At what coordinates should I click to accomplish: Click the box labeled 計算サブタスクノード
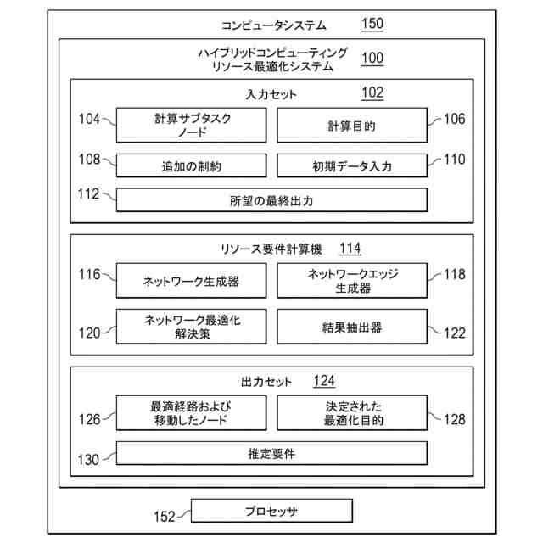[x=192, y=126]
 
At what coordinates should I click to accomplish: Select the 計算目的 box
[x=351, y=126]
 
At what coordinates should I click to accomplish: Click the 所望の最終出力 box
[x=271, y=200]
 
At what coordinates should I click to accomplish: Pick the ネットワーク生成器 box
[x=192, y=281]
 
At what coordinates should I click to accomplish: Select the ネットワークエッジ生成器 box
[x=351, y=281]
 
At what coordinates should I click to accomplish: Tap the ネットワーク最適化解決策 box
[x=192, y=327]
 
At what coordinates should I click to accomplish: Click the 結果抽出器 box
[x=351, y=327]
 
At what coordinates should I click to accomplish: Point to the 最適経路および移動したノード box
[x=192, y=412]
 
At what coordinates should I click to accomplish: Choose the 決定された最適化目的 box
[x=351, y=412]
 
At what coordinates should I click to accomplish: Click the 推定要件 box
[x=271, y=454]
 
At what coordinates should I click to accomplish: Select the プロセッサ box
[x=271, y=511]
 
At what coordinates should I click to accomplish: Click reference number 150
[x=372, y=25]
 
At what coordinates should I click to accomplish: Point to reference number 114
[x=350, y=249]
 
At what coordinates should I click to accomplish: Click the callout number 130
[x=88, y=460]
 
